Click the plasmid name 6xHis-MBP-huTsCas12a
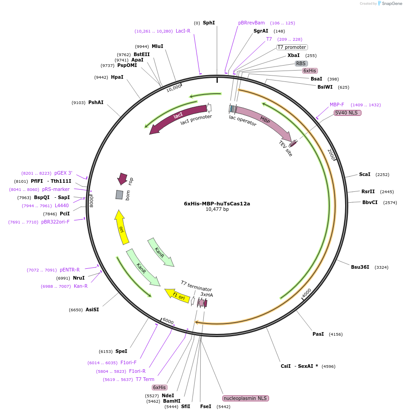tap(217, 204)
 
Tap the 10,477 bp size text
tap(217, 209)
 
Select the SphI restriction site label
tap(209, 23)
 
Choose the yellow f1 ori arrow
tap(178, 295)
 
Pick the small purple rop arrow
tap(122, 179)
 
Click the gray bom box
tap(120, 195)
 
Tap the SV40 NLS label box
tap(347, 113)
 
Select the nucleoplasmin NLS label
tap(245, 398)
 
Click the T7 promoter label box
tap(292, 47)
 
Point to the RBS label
tap(301, 63)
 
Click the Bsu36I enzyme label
tap(360, 267)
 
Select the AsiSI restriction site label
tap(92, 309)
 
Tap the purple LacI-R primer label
tap(183, 31)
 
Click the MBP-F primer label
tap(337, 105)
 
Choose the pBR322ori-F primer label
tap(56, 222)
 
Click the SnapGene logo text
tap(392, 4)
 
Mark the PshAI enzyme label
tap(96, 102)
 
